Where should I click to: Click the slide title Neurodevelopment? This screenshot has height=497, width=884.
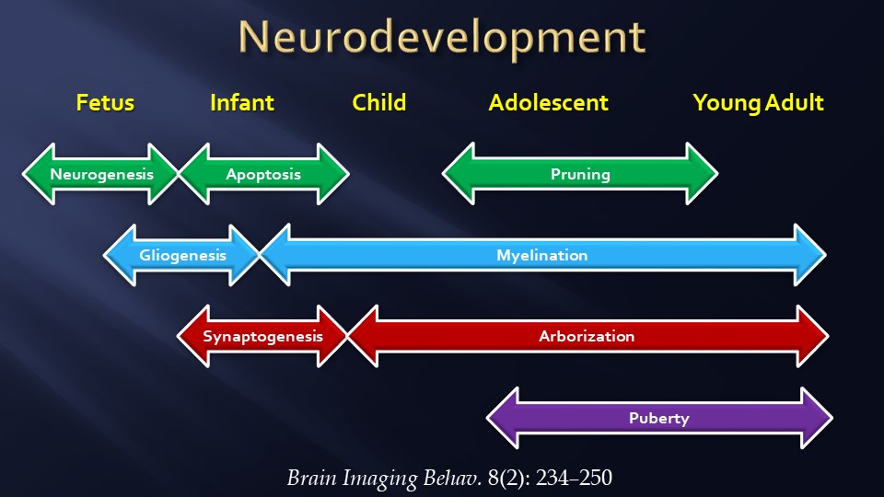pyautogui.click(x=441, y=38)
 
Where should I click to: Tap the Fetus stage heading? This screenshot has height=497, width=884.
pyautogui.click(x=105, y=102)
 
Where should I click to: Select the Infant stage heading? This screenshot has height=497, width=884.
pyautogui.click(x=242, y=102)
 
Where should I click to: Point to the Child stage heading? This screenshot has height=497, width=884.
pyautogui.click(x=378, y=102)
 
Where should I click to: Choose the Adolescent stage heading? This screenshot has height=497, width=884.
pyautogui.click(x=548, y=102)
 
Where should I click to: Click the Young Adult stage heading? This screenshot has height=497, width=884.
pyautogui.click(x=758, y=102)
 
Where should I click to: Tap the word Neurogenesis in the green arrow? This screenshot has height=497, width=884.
pyautogui.click(x=101, y=174)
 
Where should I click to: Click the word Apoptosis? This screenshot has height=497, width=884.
pyautogui.click(x=263, y=174)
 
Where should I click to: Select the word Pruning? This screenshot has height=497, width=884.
pyautogui.click(x=580, y=174)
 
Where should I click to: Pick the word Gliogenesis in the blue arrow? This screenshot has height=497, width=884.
pyautogui.click(x=182, y=255)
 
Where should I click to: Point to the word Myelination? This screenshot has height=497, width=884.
pyautogui.click(x=541, y=255)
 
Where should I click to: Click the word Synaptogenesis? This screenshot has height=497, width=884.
pyautogui.click(x=263, y=336)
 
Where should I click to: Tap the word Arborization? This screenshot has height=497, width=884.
pyautogui.click(x=587, y=336)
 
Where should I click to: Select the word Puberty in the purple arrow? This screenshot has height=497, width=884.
pyautogui.click(x=658, y=418)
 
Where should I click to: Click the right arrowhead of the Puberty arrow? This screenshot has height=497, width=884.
pyautogui.click(x=816, y=418)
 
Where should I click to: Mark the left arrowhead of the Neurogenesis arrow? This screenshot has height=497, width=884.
pyautogui.click(x=39, y=174)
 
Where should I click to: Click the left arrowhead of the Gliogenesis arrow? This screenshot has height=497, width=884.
pyautogui.click(x=119, y=255)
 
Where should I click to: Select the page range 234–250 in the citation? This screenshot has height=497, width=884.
pyautogui.click(x=570, y=478)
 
